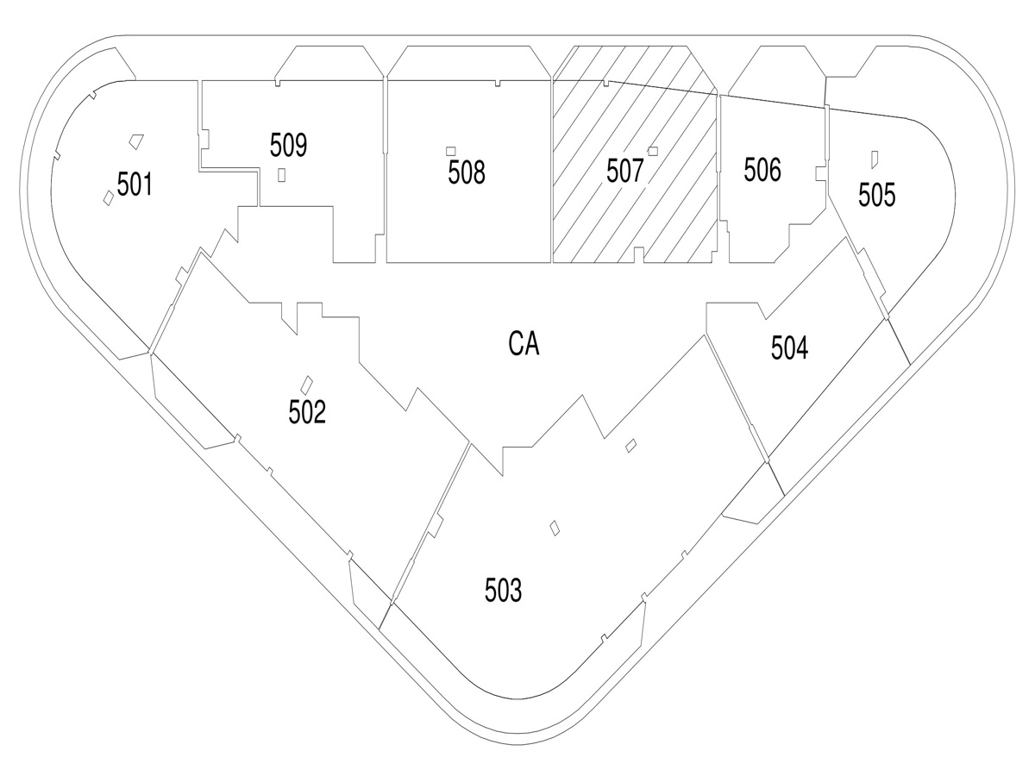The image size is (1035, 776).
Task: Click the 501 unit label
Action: coord(135,185)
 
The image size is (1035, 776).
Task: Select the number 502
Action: coord(307,413)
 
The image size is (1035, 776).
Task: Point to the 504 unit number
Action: coord(790,349)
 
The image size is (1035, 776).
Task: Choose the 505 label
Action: coord(876,196)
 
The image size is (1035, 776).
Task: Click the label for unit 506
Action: coord(762,170)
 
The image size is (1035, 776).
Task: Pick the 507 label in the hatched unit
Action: coord(624,172)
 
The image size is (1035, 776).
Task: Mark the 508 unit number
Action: coord(467,173)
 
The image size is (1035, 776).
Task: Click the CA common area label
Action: coord(524,345)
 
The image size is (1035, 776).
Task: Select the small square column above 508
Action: coord(450,151)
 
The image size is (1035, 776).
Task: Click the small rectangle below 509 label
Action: coord(282,174)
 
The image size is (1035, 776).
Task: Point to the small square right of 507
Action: coord(653,151)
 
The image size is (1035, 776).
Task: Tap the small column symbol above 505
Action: coord(874,158)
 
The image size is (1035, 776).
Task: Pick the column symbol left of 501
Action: coord(108,197)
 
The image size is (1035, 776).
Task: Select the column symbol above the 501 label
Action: coord(135,139)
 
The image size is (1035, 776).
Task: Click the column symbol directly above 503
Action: coord(555,527)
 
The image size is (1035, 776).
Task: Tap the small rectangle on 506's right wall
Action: coord(819,174)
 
